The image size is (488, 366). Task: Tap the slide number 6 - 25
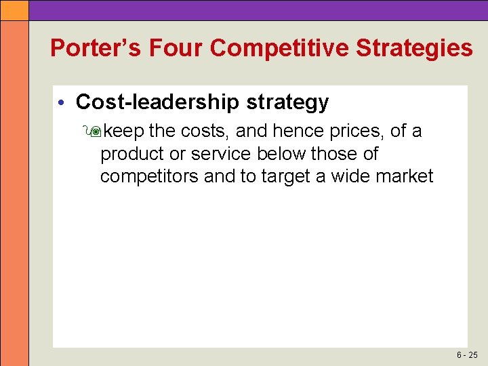467,354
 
